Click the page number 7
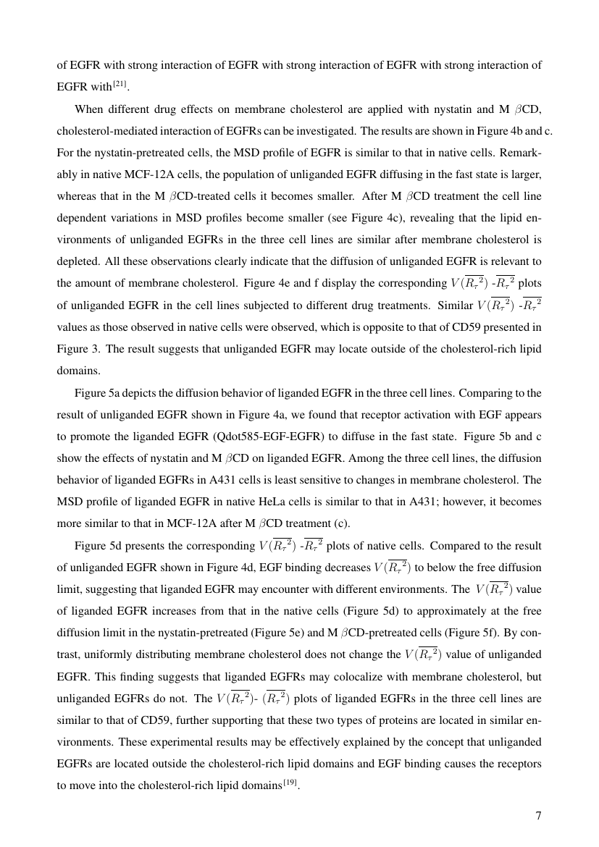point(538,816)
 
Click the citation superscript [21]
point(119,85)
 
